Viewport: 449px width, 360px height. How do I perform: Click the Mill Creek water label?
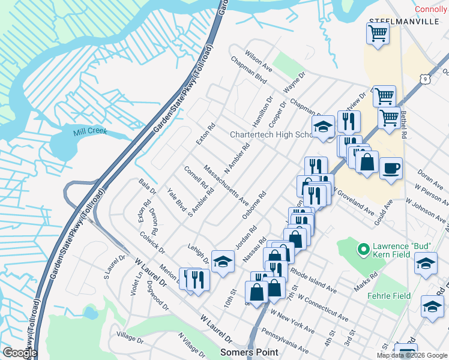pos(89,131)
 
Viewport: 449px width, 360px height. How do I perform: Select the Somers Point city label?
pos(249,352)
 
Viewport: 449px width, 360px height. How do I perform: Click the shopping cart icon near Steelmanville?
pos(378,34)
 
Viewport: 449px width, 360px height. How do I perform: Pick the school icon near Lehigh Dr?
pos(222,262)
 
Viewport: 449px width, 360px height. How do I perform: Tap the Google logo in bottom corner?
pos(20,353)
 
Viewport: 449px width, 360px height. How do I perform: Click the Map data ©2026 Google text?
pos(412,355)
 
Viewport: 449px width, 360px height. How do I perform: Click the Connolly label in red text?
pos(432,8)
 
